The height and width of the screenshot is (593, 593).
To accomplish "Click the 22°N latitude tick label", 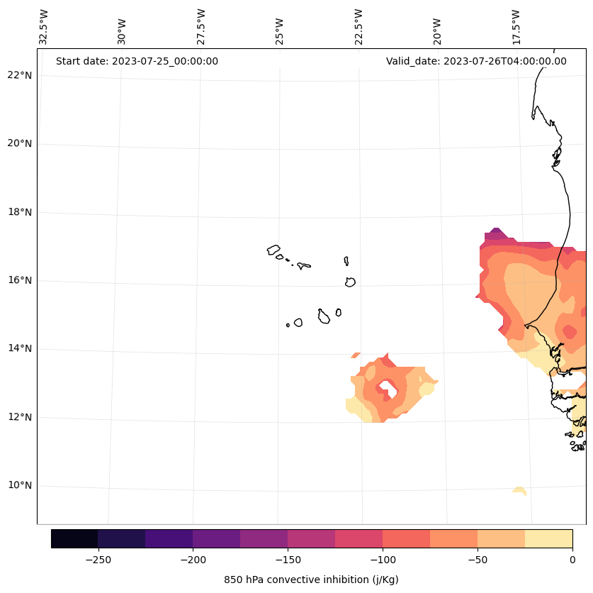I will pyautogui.click(x=19, y=75).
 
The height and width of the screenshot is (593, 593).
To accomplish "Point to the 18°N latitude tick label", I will pyautogui.click(x=19, y=212).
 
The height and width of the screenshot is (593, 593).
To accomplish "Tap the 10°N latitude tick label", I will pyautogui.click(x=19, y=486).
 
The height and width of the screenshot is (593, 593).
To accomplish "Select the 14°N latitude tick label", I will pyautogui.click(x=19, y=349).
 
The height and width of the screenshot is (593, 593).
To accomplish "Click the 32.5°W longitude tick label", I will pyautogui.click(x=43, y=27).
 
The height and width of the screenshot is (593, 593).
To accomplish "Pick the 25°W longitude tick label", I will pyautogui.click(x=280, y=27).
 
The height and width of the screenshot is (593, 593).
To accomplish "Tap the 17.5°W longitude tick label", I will pyautogui.click(x=516, y=27).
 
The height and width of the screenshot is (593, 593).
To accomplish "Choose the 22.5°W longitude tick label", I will pyautogui.click(x=358, y=27).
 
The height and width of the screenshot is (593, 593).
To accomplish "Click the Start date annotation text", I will pyautogui.click(x=137, y=61).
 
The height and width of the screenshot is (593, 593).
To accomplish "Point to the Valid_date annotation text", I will pyautogui.click(x=476, y=61).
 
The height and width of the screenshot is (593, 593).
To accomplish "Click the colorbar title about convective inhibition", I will pyautogui.click(x=311, y=580).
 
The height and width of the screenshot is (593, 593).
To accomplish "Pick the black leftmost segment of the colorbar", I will pyautogui.click(x=74, y=538).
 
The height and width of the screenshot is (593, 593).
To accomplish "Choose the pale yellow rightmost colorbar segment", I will pyautogui.click(x=548, y=538).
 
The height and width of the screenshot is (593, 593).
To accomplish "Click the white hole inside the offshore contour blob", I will pyautogui.click(x=386, y=388).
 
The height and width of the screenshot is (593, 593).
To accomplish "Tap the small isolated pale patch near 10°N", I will pyautogui.click(x=519, y=490).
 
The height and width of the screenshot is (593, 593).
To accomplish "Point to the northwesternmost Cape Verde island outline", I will pyautogui.click(x=273, y=250).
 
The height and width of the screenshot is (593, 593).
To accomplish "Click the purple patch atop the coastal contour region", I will pyautogui.click(x=495, y=236).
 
